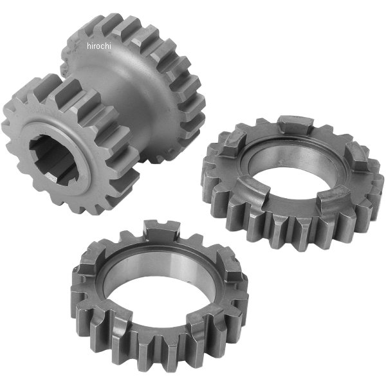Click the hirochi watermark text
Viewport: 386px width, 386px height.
pos(100,46)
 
